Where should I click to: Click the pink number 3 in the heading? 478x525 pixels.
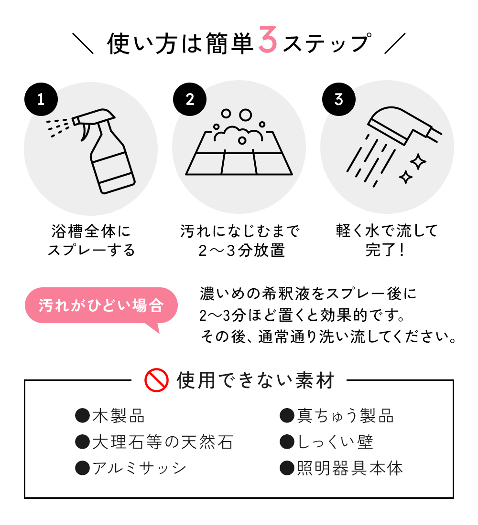tap(267, 40)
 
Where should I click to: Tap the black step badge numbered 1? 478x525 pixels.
tap(41, 99)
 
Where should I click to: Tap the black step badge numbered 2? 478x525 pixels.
tap(189, 99)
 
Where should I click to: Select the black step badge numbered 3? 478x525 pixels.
tap(338, 99)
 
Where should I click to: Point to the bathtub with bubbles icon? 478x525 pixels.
tap(239, 142)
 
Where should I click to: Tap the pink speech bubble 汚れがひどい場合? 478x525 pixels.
tap(101, 306)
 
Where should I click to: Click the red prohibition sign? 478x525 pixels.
tap(156, 380)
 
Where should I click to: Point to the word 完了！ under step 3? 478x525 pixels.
tap(386, 250)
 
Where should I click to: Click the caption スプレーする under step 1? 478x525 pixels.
tap(91, 250)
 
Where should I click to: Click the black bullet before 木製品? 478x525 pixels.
tap(83, 416)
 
